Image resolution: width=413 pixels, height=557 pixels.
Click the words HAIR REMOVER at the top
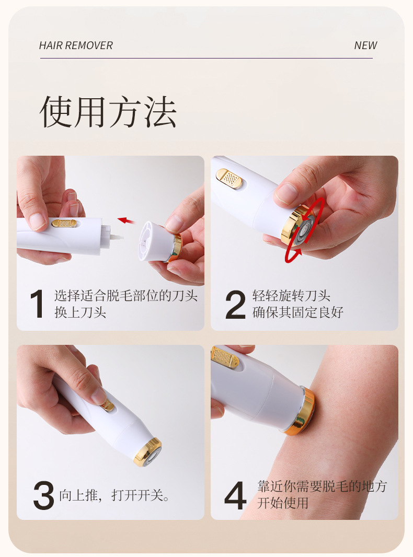76,45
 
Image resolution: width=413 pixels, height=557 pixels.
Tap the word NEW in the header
365,45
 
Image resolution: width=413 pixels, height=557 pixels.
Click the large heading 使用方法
108,111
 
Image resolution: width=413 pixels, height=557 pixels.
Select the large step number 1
37,304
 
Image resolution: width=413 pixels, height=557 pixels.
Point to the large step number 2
235,305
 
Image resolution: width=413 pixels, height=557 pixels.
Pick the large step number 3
43,495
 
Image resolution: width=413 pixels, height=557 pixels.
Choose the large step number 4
235,495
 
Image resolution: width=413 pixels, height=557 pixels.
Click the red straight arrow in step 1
126,221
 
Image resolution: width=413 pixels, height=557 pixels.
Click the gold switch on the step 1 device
64,224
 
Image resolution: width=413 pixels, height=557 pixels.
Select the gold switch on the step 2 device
230,178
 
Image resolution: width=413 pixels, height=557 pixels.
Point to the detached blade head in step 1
160,241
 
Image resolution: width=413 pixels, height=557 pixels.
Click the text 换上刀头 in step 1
81,312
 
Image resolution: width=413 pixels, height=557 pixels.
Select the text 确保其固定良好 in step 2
298,312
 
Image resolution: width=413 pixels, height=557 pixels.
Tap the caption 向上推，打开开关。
114,495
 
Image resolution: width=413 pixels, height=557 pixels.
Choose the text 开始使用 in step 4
283,503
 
